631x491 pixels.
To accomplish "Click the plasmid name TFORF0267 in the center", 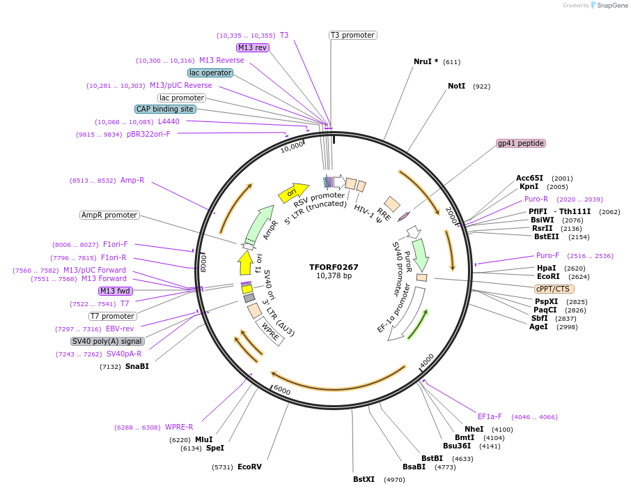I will click(x=334, y=266).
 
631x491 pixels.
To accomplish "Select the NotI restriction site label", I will click(x=456, y=86).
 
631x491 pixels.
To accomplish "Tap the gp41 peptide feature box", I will click(x=521, y=143).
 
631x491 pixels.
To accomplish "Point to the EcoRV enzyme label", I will click(x=249, y=467).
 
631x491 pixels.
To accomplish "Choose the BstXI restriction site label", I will click(x=364, y=479).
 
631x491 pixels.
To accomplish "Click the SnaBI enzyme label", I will click(x=137, y=366).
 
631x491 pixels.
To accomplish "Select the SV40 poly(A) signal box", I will click(x=108, y=341).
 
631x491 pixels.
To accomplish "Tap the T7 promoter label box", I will click(x=112, y=316).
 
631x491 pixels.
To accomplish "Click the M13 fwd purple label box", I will click(x=115, y=291).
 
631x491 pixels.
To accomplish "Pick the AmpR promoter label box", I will click(x=109, y=215).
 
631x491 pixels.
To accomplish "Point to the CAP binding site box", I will click(x=165, y=109).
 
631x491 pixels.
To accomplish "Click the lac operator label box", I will click(x=210, y=73).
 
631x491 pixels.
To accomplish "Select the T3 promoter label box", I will click(x=352, y=35).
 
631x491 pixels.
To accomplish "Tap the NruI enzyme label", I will click(x=426, y=61).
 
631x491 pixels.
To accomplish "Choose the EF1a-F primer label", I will click(x=490, y=416).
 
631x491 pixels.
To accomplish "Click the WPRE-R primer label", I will click(x=179, y=427).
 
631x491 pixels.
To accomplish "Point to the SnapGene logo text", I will click(x=609, y=6).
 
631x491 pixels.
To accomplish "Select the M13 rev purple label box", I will click(x=252, y=47).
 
